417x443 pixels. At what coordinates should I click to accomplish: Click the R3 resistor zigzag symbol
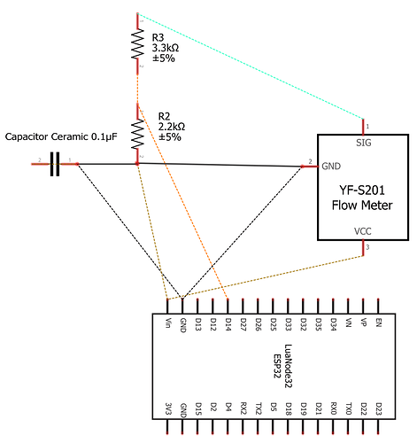click(137, 43)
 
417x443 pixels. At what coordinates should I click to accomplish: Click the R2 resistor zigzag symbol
click(137, 134)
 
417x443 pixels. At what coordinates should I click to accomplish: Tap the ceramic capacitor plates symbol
click(55, 164)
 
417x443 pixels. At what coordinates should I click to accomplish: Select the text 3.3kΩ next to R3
click(166, 48)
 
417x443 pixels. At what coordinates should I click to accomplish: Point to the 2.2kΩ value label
click(172, 127)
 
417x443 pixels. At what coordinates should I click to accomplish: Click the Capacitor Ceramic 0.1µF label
click(61, 136)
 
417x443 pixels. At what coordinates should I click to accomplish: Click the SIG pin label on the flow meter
click(363, 143)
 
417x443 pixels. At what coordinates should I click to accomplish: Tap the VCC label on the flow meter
click(363, 231)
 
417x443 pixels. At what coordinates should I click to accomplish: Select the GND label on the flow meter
click(331, 167)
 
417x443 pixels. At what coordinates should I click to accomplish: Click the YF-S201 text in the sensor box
click(362, 190)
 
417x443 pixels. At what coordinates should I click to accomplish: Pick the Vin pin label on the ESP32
click(168, 323)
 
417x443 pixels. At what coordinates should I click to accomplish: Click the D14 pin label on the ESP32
click(228, 324)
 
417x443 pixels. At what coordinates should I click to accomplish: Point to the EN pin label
click(379, 323)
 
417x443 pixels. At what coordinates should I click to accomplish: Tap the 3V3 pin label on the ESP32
click(168, 408)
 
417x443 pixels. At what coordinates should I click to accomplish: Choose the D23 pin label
click(379, 408)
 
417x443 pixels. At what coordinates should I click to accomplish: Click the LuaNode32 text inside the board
click(288, 366)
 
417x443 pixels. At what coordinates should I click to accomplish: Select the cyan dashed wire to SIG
click(251, 66)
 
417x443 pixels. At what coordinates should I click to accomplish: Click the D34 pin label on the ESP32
click(334, 324)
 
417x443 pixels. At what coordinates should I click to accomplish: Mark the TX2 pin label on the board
click(259, 408)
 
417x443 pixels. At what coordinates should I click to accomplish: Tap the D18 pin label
click(289, 408)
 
